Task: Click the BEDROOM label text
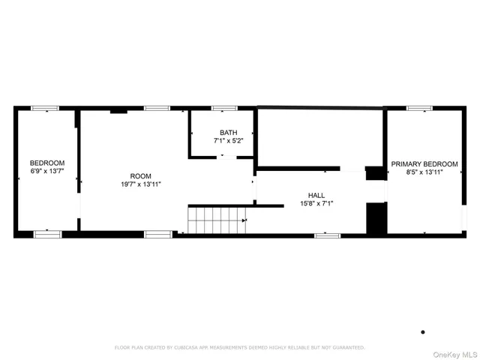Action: [x=47, y=163]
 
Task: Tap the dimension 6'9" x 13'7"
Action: [x=47, y=171]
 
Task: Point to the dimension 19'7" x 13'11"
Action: [x=140, y=184]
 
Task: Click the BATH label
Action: [x=228, y=132]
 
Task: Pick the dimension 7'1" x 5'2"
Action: [x=228, y=140]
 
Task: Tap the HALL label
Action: [x=316, y=194]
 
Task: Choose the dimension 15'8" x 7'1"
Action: [x=316, y=202]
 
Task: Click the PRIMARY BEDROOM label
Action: [x=424, y=163]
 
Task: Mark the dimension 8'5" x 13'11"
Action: [x=424, y=172]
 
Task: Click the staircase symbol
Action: [x=216, y=220]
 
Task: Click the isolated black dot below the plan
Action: [x=423, y=331]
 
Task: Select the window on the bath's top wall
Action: [x=223, y=109]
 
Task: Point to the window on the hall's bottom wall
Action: [x=326, y=235]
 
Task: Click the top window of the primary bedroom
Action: [x=419, y=109]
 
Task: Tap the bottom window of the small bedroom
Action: [x=46, y=235]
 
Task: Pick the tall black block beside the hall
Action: [x=375, y=217]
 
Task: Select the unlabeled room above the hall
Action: [x=319, y=137]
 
